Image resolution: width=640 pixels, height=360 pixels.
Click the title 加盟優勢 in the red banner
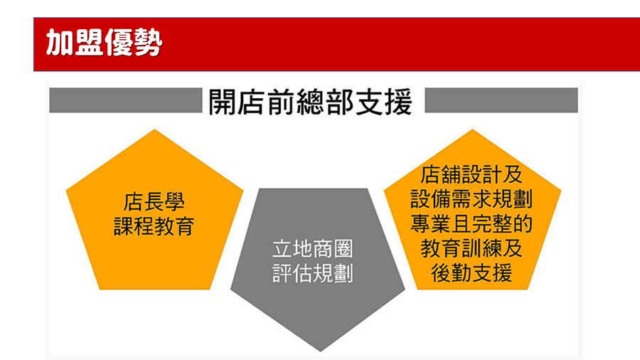[x=104, y=42]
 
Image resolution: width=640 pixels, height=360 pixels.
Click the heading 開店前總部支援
[x=310, y=102]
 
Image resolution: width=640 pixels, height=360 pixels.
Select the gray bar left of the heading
[x=126, y=100]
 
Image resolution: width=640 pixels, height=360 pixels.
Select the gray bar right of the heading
[x=501, y=100]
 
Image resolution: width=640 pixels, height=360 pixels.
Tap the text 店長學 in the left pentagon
[x=154, y=201]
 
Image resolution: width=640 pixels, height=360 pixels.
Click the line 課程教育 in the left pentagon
[x=154, y=226]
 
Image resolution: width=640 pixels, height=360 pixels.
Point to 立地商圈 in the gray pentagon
[x=313, y=249]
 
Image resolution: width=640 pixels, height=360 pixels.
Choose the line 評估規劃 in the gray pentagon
[x=313, y=273]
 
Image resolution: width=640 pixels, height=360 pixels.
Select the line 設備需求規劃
[x=471, y=199]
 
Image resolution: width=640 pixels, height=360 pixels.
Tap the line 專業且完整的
[x=471, y=223]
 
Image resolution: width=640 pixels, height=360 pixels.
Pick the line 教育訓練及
[x=471, y=248]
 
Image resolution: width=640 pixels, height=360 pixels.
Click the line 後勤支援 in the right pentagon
[x=471, y=273]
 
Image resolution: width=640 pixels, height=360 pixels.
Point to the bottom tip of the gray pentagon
[x=321, y=351]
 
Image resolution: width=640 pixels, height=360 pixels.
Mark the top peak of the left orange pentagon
[x=155, y=129]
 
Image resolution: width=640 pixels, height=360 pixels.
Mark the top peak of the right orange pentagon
[x=472, y=129]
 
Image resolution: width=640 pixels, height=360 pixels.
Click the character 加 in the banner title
[x=60, y=42]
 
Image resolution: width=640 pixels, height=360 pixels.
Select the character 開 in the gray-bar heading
[x=222, y=102]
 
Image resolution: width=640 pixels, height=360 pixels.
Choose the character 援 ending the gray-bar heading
[x=398, y=102]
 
